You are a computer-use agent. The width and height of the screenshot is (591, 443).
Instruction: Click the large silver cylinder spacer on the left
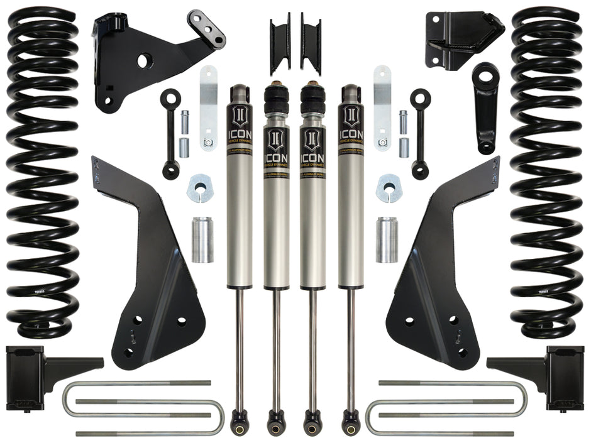(202, 239)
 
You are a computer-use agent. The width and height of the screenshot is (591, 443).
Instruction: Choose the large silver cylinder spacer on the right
(387, 239)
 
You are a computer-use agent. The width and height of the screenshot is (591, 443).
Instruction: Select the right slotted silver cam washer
(389, 187)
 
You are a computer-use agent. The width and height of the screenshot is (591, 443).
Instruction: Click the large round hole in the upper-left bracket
(143, 61)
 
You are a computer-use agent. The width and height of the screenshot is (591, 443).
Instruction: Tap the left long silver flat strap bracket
(209, 107)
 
